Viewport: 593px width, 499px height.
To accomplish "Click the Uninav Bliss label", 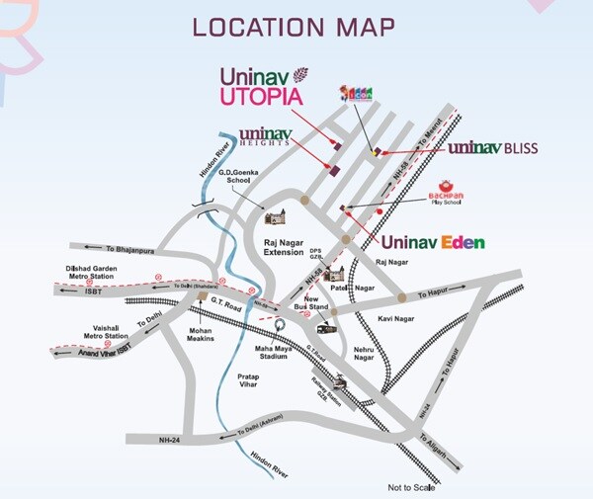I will click(x=492, y=148).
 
